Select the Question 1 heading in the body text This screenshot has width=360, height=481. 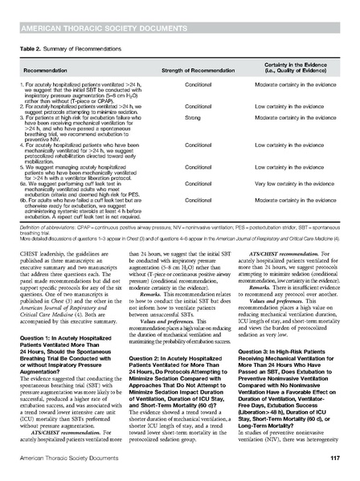point(62,305)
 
